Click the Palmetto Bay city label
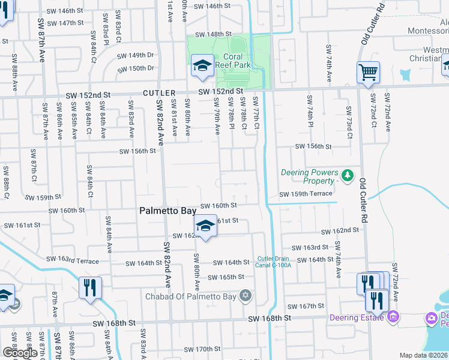pyautogui.click(x=169, y=211)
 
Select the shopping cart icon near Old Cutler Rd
pyautogui.click(x=368, y=73)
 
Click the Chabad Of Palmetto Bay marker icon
pyautogui.click(x=244, y=295)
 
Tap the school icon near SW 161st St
pyautogui.click(x=205, y=226)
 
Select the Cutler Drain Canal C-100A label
pyautogui.click(x=274, y=262)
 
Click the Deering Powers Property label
pyautogui.click(x=309, y=176)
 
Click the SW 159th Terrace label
pyautogui.click(x=306, y=194)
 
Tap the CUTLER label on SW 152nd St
pyautogui.click(x=159, y=93)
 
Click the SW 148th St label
pyautogui.click(x=213, y=34)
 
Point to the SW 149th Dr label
pyautogui.click(x=136, y=55)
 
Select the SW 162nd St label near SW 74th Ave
pyautogui.click(x=339, y=230)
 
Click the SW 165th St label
pyautogui.click(x=226, y=277)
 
